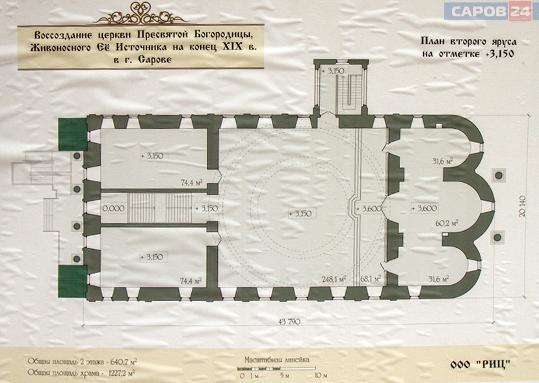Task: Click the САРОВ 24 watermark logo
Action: tap(488, 11)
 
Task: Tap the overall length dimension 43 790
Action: tap(289, 322)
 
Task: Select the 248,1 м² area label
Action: tap(333, 278)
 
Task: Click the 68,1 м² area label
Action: tap(370, 278)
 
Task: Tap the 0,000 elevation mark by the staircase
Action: tap(113, 208)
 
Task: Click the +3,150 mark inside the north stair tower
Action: tap(333, 71)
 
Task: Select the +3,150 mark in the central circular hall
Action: tap(300, 213)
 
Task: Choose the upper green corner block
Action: tap(73, 135)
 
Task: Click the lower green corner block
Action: tap(73, 281)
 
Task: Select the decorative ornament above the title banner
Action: tap(140, 14)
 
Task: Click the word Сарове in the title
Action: tap(155, 59)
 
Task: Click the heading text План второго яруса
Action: tap(469, 42)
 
